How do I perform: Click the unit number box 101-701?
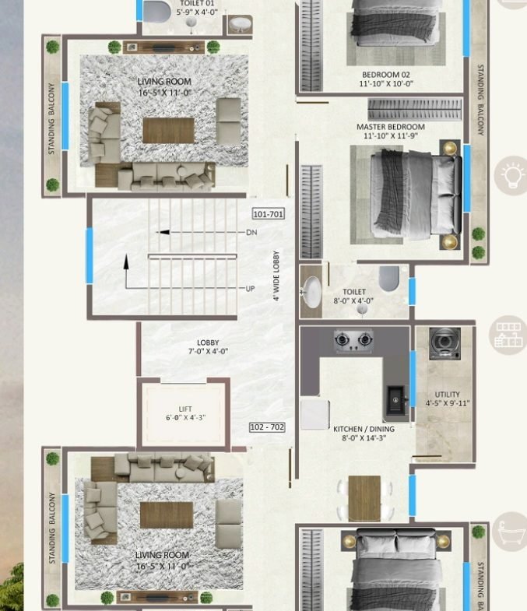[269, 213]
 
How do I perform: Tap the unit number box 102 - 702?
[267, 427]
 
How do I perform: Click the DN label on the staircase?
[251, 232]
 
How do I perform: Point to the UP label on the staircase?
[250, 289]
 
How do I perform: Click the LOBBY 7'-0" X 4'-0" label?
[208, 347]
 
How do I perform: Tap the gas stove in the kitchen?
[353, 341]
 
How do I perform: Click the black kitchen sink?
[396, 401]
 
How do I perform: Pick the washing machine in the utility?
[444, 343]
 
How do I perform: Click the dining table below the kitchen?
[364, 498]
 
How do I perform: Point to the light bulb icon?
[511, 175]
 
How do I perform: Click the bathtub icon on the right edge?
[510, 532]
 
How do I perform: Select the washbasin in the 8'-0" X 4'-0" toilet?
[312, 292]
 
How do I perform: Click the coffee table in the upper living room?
[168, 130]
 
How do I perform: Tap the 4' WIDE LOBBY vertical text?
[276, 276]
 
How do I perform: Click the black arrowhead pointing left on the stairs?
[163, 232]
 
